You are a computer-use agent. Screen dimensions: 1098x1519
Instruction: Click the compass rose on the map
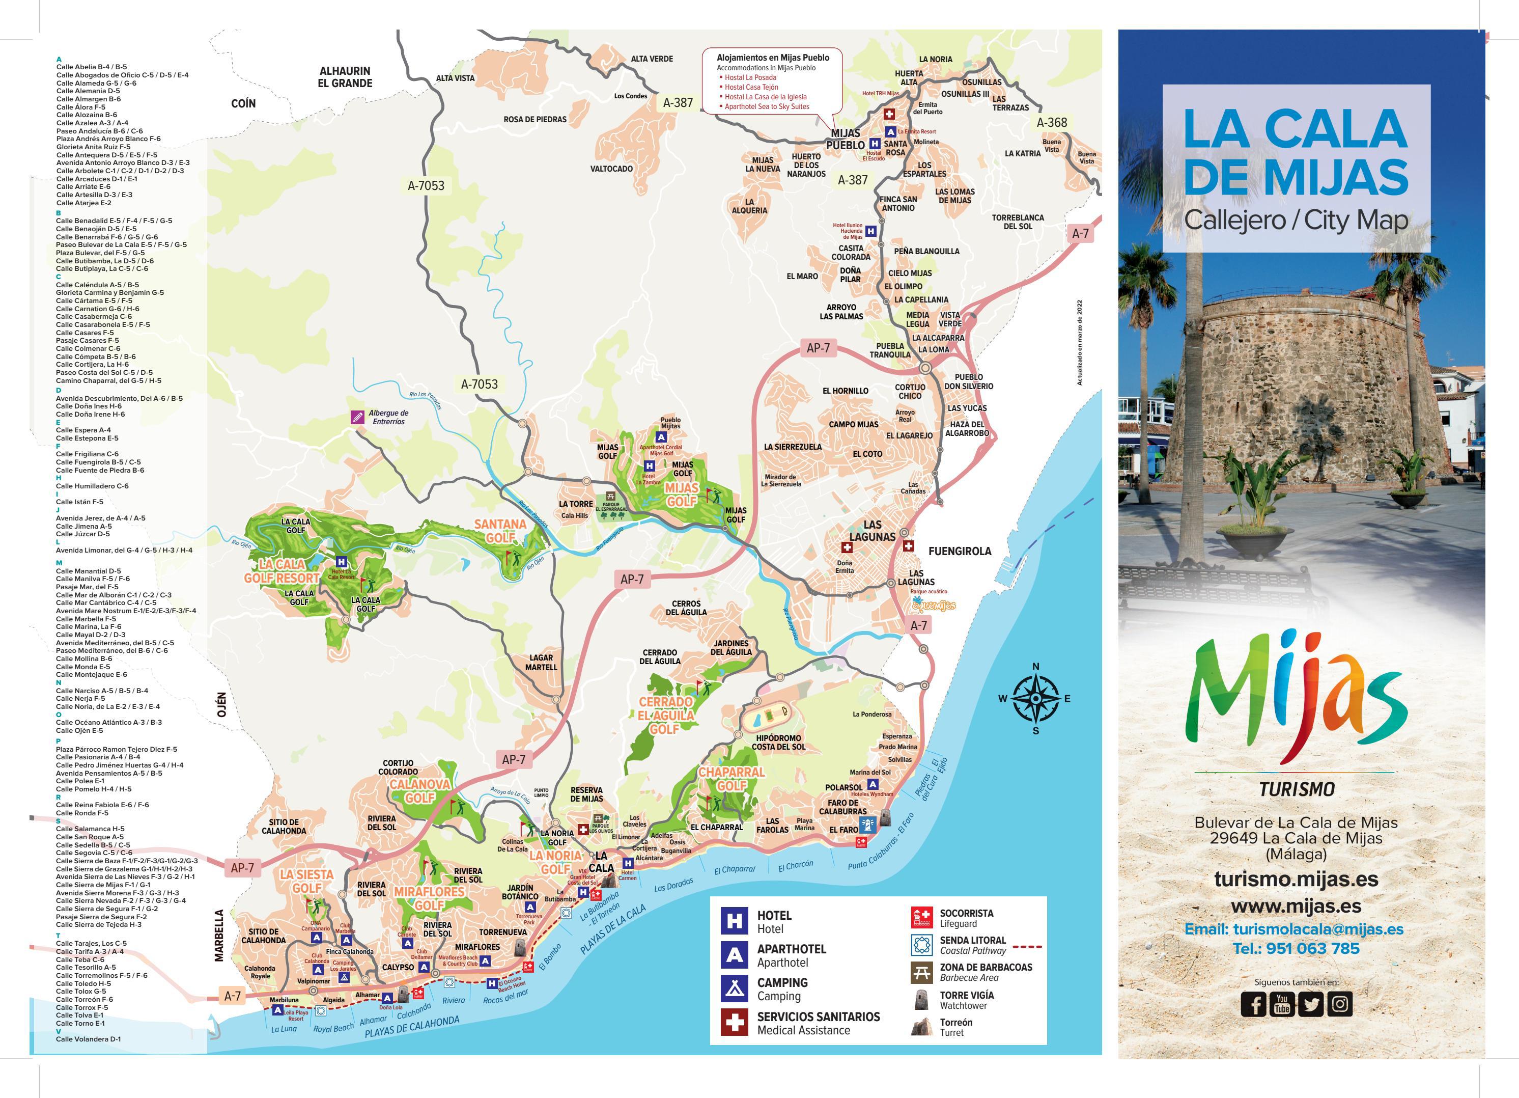(1035, 698)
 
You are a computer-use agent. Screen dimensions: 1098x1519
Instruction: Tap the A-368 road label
(1052, 123)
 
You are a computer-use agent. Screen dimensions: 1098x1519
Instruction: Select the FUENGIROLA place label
(959, 551)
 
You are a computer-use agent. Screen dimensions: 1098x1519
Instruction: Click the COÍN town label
(243, 103)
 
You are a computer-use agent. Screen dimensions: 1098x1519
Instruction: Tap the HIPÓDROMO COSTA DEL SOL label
(778, 743)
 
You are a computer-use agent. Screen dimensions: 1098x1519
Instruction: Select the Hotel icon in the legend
(734, 921)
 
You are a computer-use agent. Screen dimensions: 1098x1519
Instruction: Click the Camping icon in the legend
(734, 988)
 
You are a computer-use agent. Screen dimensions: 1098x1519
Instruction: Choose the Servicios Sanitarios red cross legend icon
(734, 1022)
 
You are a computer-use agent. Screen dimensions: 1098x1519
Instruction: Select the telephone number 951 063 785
(1297, 949)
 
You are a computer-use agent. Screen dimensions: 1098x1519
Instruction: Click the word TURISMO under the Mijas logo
(1297, 789)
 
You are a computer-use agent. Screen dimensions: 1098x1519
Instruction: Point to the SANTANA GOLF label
(500, 531)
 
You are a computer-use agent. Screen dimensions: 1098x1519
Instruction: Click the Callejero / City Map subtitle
(1296, 219)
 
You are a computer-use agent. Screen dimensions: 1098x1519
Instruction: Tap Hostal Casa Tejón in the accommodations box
(751, 87)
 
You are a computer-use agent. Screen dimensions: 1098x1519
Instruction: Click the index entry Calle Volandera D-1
(89, 1039)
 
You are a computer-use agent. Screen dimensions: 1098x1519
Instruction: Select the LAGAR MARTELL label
(541, 663)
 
